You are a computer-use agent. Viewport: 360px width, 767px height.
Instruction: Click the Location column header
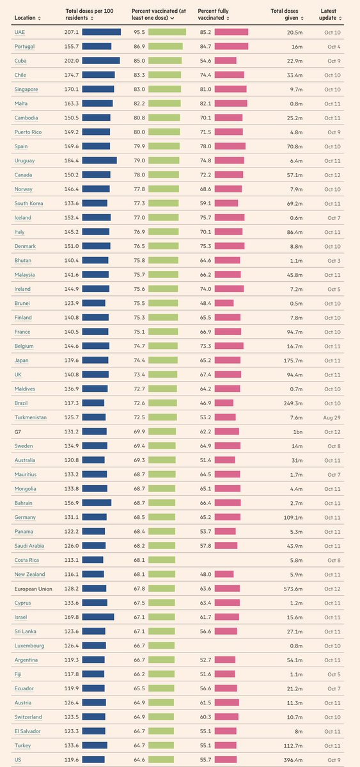pos(27,18)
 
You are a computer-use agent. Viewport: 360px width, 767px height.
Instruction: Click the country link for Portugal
pos(24,47)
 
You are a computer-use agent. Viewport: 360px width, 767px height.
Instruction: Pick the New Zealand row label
pos(29,575)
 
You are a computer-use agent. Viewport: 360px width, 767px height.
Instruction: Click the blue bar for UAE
pos(101,32)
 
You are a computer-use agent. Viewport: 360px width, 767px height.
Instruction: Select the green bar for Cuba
pos(164,61)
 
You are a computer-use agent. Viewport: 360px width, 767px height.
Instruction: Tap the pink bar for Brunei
pos(224,303)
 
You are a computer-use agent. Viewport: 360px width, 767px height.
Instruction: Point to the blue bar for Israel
pos(98,617)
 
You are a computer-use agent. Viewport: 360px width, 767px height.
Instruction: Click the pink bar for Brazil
pos(224,403)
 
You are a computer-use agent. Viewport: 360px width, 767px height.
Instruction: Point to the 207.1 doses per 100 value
pos(72,32)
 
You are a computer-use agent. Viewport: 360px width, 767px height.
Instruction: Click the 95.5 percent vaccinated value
pos(138,32)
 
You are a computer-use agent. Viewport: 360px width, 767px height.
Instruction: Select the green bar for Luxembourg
pos(161,646)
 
